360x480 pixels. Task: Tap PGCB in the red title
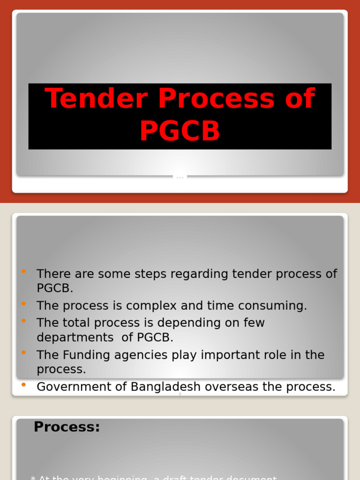click(180, 131)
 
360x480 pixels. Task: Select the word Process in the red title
click(217, 99)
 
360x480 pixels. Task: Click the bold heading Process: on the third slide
click(67, 427)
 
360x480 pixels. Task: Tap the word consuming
click(275, 306)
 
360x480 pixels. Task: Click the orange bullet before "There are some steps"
click(24, 271)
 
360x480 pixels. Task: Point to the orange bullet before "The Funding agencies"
click(24, 352)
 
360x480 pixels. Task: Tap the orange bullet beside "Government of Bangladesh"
click(24, 384)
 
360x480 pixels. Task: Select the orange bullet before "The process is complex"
click(24, 304)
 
